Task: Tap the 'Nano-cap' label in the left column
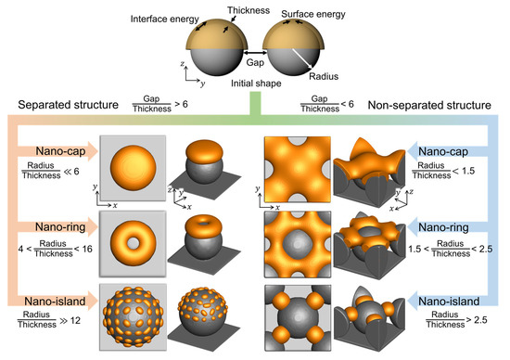click(x=61, y=150)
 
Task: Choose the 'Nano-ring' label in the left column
click(x=61, y=224)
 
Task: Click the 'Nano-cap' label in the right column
click(x=449, y=150)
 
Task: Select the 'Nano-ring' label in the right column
click(x=449, y=224)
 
